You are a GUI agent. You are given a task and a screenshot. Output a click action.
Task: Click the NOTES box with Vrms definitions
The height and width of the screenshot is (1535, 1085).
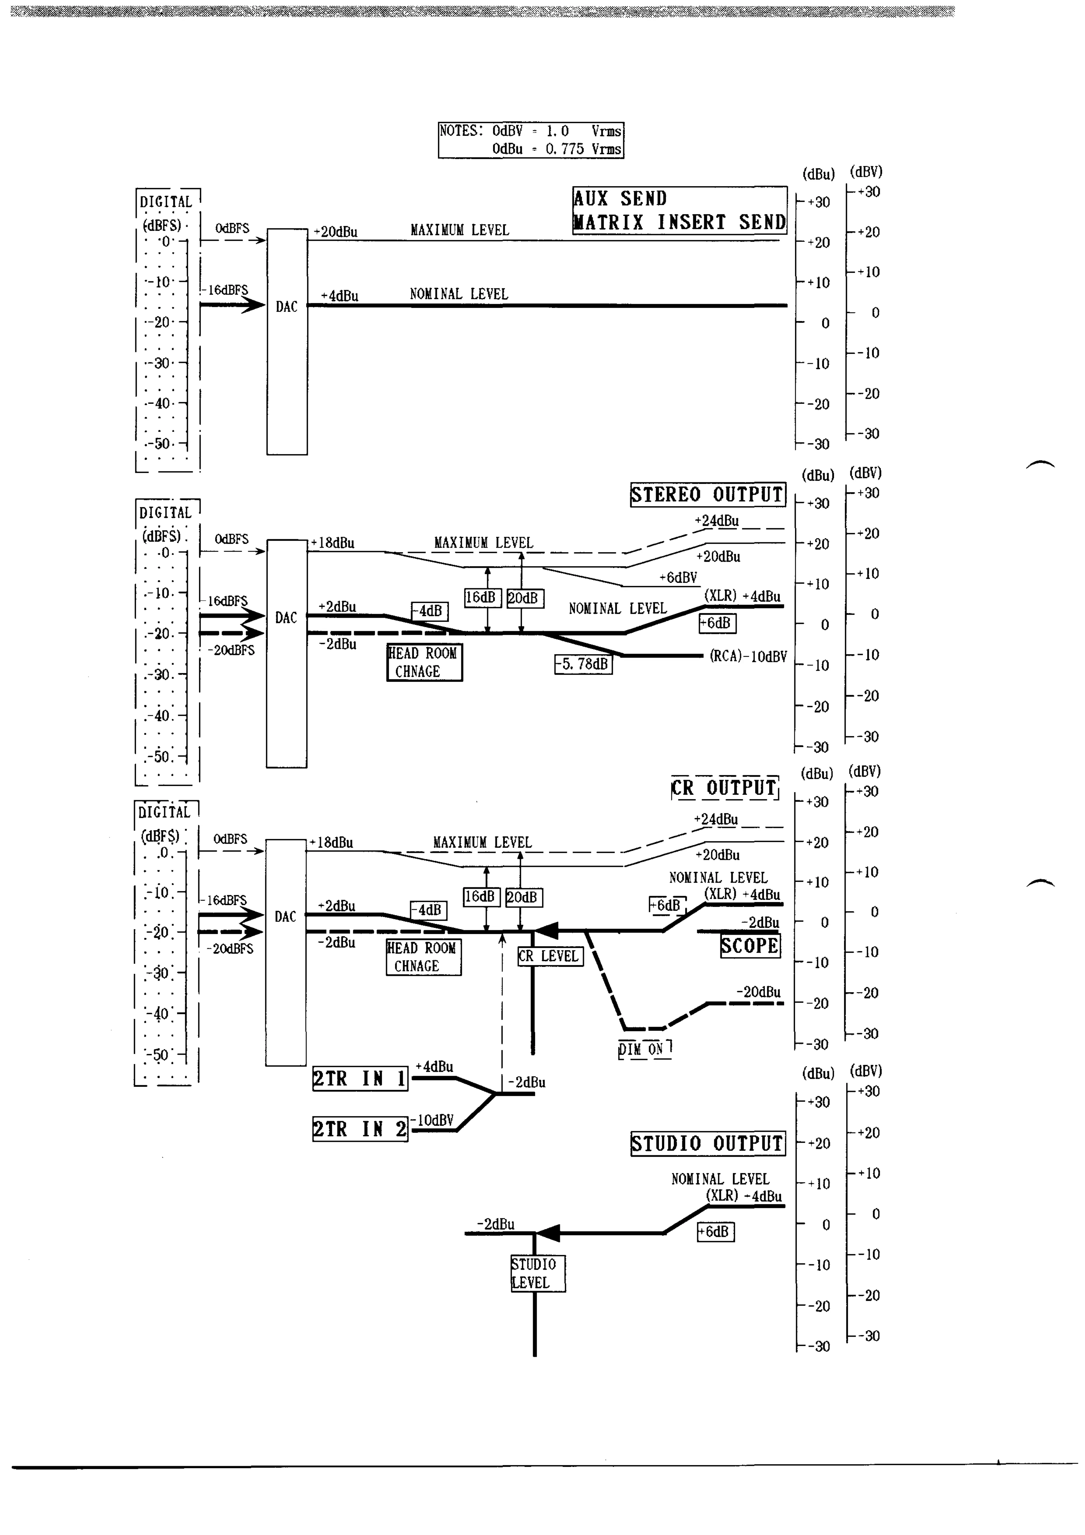tap(531, 140)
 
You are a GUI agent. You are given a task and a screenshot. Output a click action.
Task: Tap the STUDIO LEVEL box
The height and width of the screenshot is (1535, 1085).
tap(538, 1273)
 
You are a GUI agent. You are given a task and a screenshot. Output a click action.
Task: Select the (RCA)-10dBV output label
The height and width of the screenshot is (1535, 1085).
tap(748, 657)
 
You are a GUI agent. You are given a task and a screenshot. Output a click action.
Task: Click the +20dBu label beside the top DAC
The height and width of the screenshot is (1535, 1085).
tap(336, 232)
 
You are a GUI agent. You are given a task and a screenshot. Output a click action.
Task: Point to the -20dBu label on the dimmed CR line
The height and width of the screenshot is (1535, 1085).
tap(758, 992)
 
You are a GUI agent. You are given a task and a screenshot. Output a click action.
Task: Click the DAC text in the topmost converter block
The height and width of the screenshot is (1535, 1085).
tap(287, 307)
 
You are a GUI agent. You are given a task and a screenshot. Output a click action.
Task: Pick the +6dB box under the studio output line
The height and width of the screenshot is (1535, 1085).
tap(715, 1231)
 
